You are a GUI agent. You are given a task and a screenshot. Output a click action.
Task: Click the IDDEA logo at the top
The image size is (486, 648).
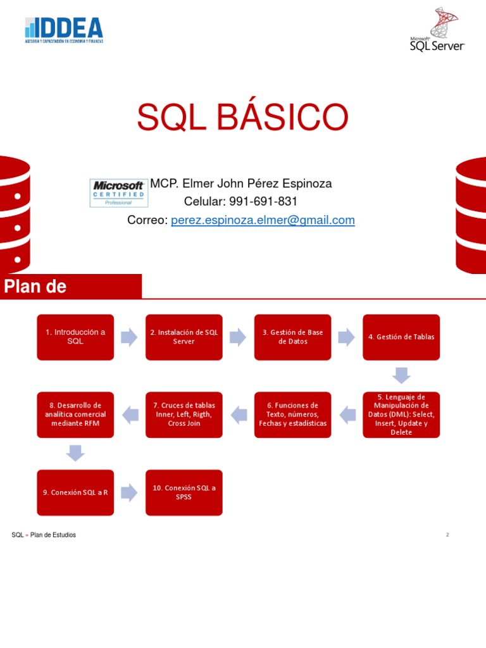(x=63, y=30)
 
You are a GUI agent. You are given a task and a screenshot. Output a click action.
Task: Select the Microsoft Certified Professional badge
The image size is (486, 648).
(x=118, y=192)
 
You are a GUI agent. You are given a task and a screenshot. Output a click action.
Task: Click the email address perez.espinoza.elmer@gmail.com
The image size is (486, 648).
(x=263, y=220)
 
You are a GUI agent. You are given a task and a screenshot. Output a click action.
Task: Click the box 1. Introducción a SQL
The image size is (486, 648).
(x=75, y=337)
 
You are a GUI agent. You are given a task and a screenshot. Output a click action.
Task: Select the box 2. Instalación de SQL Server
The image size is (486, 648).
(x=184, y=337)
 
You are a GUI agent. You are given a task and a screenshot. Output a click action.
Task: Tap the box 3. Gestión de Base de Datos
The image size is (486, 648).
(x=293, y=337)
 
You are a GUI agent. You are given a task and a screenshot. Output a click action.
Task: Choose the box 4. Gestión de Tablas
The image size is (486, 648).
(x=401, y=337)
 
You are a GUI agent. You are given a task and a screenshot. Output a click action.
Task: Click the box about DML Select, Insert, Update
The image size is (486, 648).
(x=401, y=414)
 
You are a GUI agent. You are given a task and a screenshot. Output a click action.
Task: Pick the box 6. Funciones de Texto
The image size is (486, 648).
(x=293, y=414)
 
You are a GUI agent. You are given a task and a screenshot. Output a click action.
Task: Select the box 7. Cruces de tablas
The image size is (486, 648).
(x=184, y=414)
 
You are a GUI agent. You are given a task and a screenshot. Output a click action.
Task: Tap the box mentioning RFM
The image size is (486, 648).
(x=75, y=414)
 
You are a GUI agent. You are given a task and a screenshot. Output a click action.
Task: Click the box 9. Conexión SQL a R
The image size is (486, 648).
(x=75, y=492)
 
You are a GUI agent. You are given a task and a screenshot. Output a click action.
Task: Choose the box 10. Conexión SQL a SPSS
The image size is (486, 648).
(x=184, y=492)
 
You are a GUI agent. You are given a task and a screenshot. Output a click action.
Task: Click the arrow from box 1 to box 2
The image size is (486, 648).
(x=129, y=337)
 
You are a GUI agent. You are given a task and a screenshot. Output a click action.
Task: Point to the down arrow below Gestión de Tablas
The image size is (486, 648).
(x=401, y=375)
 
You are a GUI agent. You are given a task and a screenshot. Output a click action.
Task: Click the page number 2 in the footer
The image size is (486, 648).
(x=447, y=535)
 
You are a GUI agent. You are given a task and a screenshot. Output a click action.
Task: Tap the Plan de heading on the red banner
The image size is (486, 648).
(x=35, y=287)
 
